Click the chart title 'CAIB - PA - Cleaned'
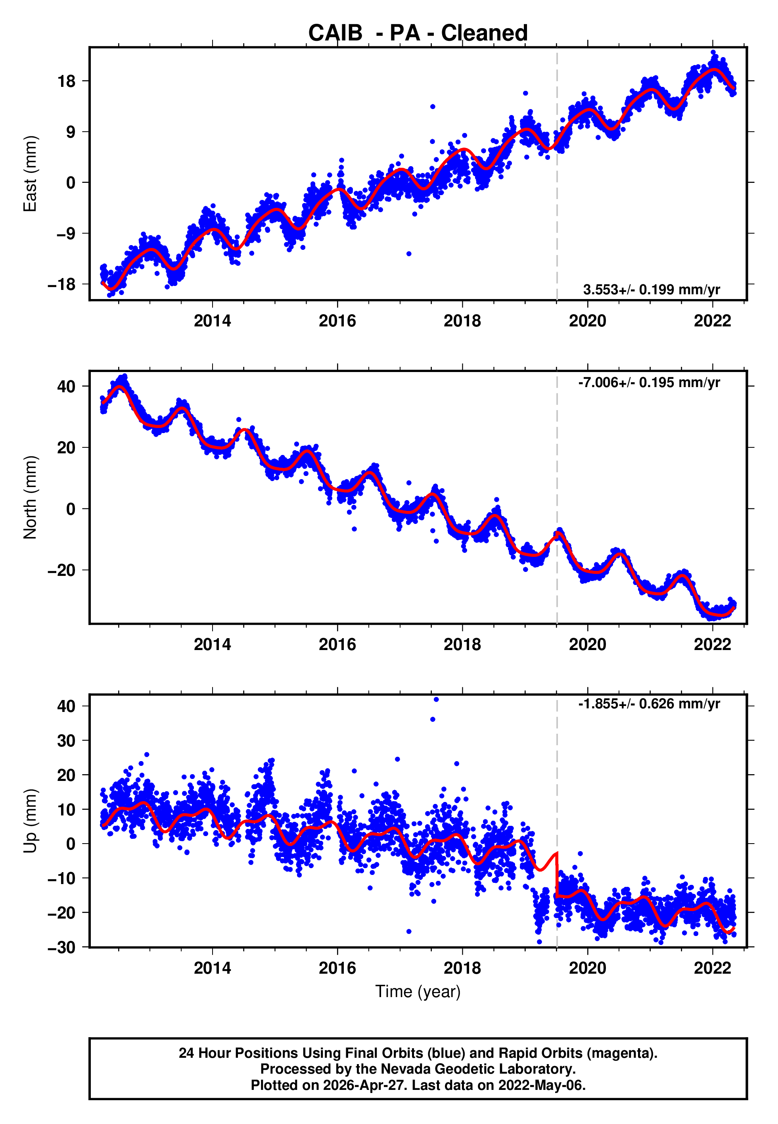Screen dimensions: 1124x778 click(418, 33)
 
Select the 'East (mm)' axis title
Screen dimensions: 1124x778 click(30, 174)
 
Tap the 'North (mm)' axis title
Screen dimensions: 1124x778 click(30, 497)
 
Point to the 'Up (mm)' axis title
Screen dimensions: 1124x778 click(30, 821)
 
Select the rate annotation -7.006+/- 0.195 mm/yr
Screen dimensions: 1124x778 click(649, 382)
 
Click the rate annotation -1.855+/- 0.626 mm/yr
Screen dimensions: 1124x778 click(649, 704)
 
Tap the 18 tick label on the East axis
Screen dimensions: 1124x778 click(67, 81)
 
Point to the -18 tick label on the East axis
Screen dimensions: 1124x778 click(62, 284)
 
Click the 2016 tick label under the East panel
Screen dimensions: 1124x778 click(337, 321)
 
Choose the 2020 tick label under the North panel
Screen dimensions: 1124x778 click(587, 644)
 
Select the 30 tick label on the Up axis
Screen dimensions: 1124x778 click(67, 741)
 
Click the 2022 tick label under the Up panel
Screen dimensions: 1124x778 click(712, 968)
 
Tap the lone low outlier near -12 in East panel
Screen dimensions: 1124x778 click(409, 253)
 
